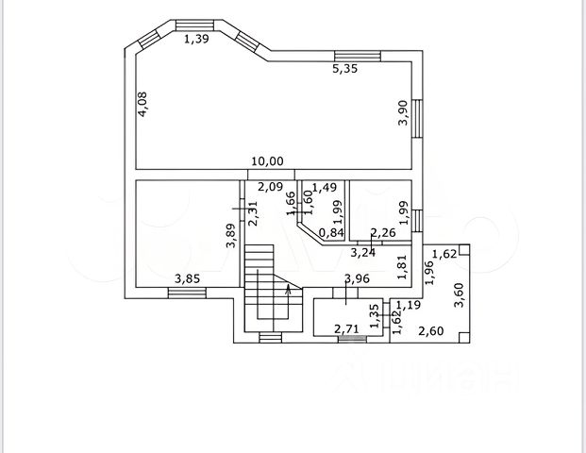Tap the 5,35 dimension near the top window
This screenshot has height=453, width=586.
pyautogui.click(x=343, y=68)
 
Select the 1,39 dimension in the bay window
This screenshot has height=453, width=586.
pyautogui.click(x=196, y=39)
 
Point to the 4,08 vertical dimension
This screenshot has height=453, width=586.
pyautogui.click(x=142, y=102)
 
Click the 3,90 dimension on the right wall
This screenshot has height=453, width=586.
pyautogui.click(x=402, y=113)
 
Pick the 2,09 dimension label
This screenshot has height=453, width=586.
pyautogui.click(x=271, y=186)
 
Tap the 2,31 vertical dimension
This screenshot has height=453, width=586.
pyautogui.click(x=253, y=214)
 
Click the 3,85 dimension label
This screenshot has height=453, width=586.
pyautogui.click(x=187, y=278)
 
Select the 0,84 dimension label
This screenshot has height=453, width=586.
pyautogui.click(x=331, y=233)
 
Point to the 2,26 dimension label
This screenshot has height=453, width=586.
pyautogui.click(x=382, y=233)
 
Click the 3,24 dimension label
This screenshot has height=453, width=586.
pyautogui.click(x=363, y=252)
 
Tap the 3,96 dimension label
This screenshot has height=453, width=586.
pyautogui.click(x=357, y=277)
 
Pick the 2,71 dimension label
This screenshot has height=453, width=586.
pyautogui.click(x=347, y=329)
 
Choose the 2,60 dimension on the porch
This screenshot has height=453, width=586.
pyautogui.click(x=431, y=330)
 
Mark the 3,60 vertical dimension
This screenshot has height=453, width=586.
pyautogui.click(x=460, y=295)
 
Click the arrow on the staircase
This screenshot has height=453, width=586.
pyautogui.click(x=287, y=298)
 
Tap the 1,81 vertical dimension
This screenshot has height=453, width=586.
pyautogui.click(x=402, y=269)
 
